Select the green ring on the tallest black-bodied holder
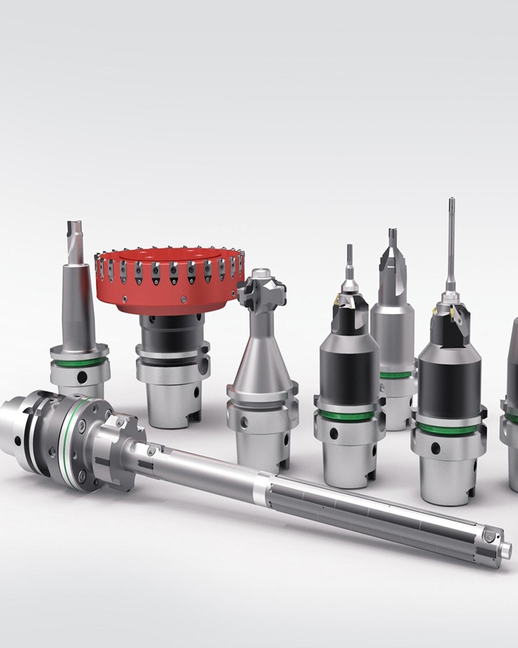[x=449, y=428]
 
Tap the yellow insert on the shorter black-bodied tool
[x=337, y=299]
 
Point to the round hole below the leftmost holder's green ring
[x=82, y=376]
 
